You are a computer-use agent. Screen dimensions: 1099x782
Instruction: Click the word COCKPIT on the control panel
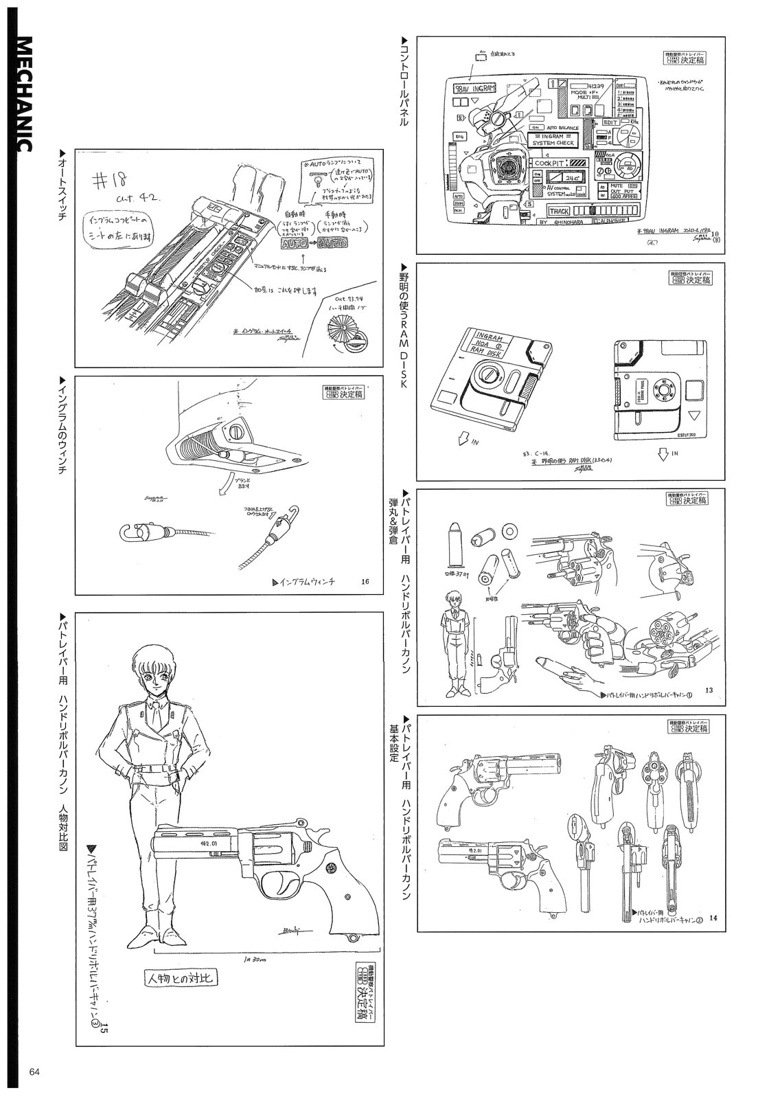[x=554, y=164]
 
